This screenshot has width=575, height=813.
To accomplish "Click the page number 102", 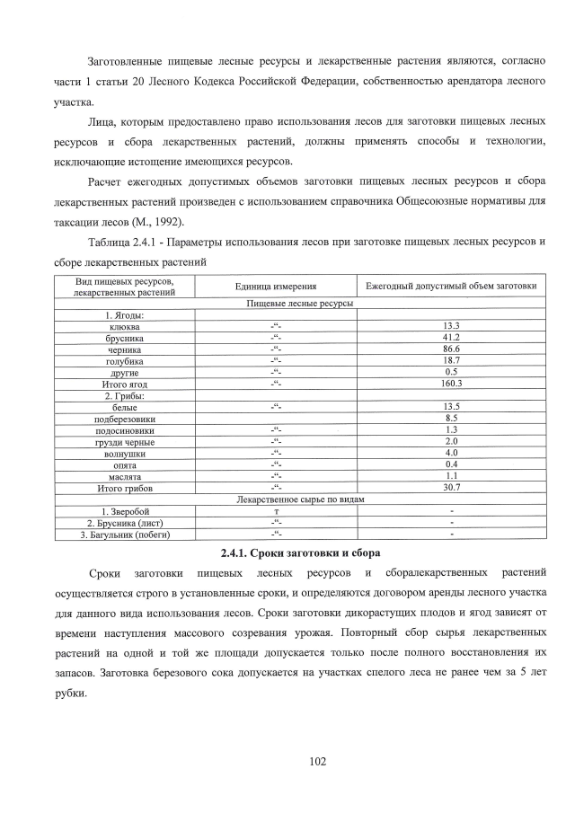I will tap(316, 761).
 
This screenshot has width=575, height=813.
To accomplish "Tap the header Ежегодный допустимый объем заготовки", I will tap(451, 286).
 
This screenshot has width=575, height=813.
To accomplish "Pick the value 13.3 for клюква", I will tap(451, 326).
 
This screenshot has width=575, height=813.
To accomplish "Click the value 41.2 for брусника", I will tap(451, 338).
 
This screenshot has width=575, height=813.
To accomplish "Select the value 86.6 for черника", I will tap(451, 349).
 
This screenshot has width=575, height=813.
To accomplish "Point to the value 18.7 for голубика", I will tap(451, 360).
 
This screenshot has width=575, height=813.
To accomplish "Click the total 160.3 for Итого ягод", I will tap(451, 384).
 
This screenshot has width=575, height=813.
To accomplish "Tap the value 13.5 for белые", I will tap(451, 407).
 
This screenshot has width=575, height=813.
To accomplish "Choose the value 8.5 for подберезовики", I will tap(451, 419).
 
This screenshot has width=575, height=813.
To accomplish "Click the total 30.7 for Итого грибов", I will tap(451, 488).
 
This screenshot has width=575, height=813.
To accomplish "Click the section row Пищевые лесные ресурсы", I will tap(300, 304).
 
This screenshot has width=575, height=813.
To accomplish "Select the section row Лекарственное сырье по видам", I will tap(300, 499).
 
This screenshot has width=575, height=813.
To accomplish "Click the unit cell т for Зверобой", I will tap(276, 511).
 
